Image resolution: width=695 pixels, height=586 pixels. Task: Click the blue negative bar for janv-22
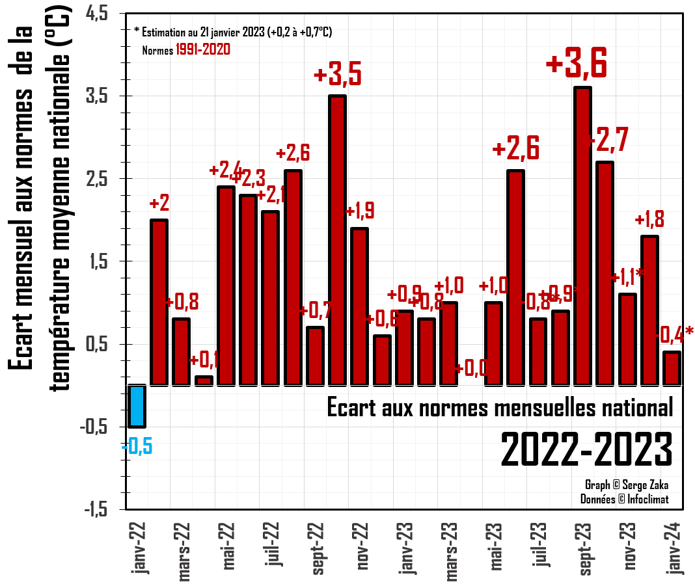coord(137,406)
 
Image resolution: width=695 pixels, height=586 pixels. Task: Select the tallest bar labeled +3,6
coord(582,235)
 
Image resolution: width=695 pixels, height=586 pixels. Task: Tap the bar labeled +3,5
coord(337,240)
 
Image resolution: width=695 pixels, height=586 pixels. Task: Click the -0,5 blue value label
coord(137,447)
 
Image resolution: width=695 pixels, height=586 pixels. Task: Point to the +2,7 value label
coord(606,142)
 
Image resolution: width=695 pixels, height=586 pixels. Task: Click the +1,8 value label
coord(649,219)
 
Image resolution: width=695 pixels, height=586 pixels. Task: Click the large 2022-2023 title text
coord(586,448)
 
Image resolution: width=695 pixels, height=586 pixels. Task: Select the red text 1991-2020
coord(202,49)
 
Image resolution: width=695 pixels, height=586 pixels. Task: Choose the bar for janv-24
coord(672,368)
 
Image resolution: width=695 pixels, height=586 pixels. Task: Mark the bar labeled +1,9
coord(359,306)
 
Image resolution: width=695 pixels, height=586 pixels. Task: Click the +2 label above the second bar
coord(159,204)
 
